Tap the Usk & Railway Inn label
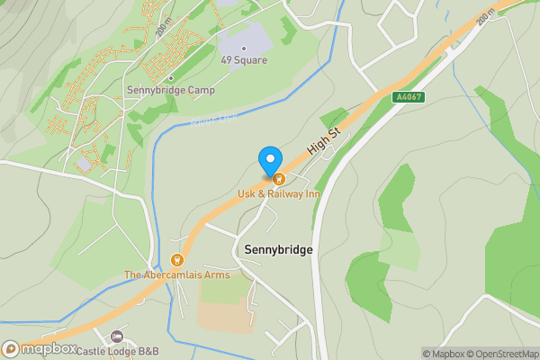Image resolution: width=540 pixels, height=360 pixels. (279, 194)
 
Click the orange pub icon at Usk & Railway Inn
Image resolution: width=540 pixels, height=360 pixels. (279, 179)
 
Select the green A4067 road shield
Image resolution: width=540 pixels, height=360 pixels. (408, 96)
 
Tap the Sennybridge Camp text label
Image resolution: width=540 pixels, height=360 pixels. (171, 91)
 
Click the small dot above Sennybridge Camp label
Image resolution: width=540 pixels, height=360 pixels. (171, 78)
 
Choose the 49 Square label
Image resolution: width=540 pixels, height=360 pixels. (243, 61)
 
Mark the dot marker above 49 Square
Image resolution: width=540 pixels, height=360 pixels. (243, 49)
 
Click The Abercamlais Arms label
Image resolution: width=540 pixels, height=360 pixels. (176, 274)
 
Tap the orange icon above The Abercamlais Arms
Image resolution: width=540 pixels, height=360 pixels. (177, 259)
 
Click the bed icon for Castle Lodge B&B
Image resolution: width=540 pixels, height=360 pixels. (116, 336)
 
